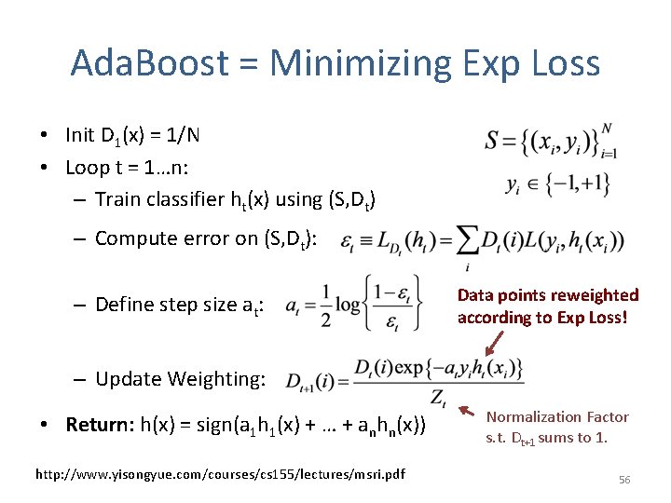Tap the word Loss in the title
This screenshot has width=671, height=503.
pyautogui.click(x=558, y=64)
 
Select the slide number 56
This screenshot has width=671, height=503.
pyautogui.click(x=624, y=479)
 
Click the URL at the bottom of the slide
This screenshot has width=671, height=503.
pyautogui.click(x=220, y=474)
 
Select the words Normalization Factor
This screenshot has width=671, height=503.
pyautogui.click(x=557, y=417)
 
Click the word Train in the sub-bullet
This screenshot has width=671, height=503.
pyautogui.click(x=116, y=198)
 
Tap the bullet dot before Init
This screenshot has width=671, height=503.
pyautogui.click(x=45, y=136)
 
